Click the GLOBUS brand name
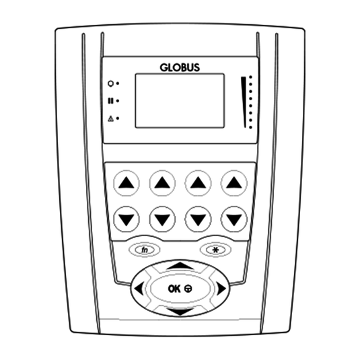(x=180, y=68)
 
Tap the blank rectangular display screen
(x=180, y=100)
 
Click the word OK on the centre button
(x=174, y=289)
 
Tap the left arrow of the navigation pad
(x=139, y=289)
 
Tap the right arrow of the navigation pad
(x=221, y=289)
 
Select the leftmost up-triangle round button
(x=127, y=183)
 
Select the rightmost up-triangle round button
(x=234, y=183)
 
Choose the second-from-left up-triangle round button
(x=162, y=183)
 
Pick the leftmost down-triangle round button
(x=127, y=219)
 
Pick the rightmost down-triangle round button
(x=234, y=219)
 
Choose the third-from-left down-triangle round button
(x=198, y=219)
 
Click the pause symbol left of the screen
(x=110, y=101)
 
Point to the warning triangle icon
(x=110, y=118)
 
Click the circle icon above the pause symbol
(x=110, y=83)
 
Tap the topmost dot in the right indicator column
(x=250, y=77)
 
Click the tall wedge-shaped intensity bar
(x=244, y=102)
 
